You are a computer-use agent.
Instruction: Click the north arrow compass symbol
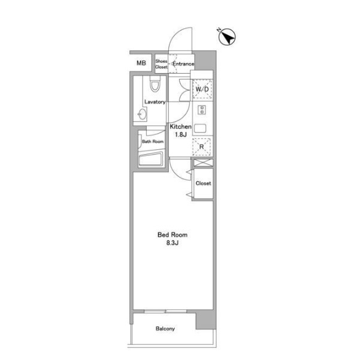[x=226, y=37]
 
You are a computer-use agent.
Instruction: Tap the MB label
[x=141, y=63]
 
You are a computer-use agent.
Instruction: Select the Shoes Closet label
[x=161, y=64]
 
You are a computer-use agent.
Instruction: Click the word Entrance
[x=183, y=64]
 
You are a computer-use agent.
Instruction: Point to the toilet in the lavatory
[x=155, y=85]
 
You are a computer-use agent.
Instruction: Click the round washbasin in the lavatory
[x=142, y=114]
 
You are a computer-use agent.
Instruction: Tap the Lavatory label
[x=155, y=102]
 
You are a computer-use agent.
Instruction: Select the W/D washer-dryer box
[x=202, y=89]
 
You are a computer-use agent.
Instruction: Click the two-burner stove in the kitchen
[x=202, y=110]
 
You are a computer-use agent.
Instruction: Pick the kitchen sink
[x=200, y=128]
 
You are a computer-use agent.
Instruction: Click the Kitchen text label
[x=180, y=127]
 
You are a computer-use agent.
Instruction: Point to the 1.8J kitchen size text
[x=180, y=135]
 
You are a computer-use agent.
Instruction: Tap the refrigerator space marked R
[x=201, y=147]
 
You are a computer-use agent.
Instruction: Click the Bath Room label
[x=153, y=142]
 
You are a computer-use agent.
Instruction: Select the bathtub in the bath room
[x=152, y=159]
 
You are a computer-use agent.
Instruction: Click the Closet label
[x=203, y=183]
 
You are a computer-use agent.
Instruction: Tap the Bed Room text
[x=173, y=235]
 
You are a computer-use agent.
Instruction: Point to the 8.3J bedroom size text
[x=173, y=243]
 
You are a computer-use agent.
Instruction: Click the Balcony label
[x=165, y=329]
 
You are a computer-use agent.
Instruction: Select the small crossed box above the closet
[x=203, y=163]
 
